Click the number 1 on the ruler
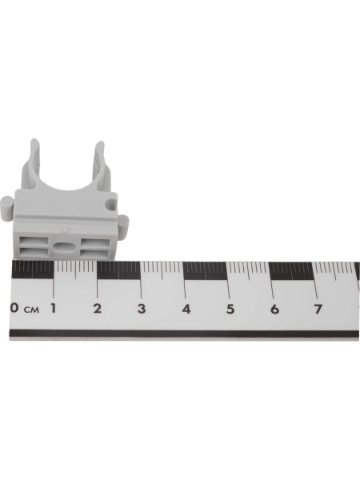coord(54,308)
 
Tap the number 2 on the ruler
coord(98,308)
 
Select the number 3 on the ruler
coord(142,309)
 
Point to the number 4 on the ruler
coord(186,309)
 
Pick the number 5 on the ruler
coord(230,309)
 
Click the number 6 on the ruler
coord(274,310)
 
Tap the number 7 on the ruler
coord(318,310)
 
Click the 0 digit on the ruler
coord(14,308)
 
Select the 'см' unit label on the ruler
coord(32,310)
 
